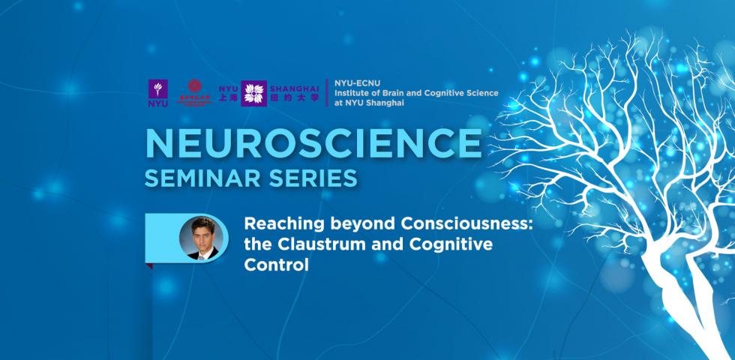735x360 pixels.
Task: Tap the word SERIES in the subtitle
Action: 310,180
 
